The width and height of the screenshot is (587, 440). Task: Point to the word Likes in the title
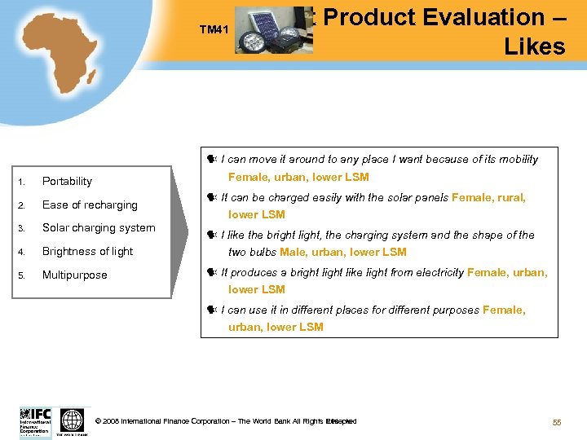click(534, 46)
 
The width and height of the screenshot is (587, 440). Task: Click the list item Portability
click(67, 181)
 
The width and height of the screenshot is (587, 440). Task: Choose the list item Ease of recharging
click(90, 205)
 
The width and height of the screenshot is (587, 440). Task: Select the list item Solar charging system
click(98, 227)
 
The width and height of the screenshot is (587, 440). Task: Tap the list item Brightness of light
click(87, 251)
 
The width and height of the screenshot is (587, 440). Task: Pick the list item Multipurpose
click(74, 275)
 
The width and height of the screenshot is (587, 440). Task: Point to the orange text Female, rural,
click(488, 197)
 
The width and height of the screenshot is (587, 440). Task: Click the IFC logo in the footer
click(35, 421)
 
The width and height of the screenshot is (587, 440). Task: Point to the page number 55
click(557, 421)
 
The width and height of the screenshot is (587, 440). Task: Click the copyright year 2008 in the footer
click(112, 421)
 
